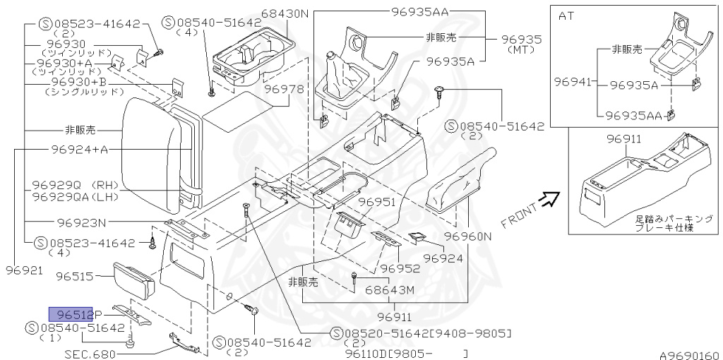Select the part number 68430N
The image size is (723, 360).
265,13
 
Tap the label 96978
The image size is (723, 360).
284,90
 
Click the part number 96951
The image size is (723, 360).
376,202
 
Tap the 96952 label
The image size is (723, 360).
400,268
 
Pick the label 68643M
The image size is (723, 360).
390,290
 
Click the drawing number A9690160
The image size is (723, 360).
689,354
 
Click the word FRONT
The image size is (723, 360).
518,215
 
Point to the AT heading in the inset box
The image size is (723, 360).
566,15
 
